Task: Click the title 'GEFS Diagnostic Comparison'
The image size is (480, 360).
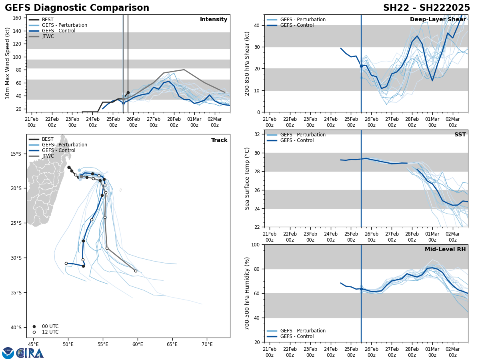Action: (77, 8)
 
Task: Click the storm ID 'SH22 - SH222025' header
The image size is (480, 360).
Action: (426, 8)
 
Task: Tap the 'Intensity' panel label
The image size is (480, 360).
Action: (214, 20)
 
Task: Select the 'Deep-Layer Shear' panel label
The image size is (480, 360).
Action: (438, 20)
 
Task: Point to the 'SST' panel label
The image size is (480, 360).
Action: (460, 135)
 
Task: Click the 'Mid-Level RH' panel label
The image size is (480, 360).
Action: (445, 250)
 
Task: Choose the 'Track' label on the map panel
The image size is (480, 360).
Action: (219, 140)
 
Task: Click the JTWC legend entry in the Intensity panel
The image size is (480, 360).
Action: (48, 36)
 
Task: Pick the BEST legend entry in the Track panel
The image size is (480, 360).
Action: (48, 139)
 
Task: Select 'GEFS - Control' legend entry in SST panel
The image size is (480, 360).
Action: (297, 140)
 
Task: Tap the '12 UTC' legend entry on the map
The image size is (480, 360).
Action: (50, 332)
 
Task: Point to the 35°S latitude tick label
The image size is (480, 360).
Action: (16, 292)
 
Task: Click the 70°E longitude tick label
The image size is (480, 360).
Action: (207, 344)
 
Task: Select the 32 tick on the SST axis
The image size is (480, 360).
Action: (257, 134)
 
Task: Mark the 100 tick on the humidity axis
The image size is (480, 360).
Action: (256, 245)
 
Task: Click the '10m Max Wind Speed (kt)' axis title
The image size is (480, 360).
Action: (8, 63)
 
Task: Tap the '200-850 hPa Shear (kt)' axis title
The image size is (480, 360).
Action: (247, 63)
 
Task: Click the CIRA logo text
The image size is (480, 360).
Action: (30, 353)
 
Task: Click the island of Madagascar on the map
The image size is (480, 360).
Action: (44, 188)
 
